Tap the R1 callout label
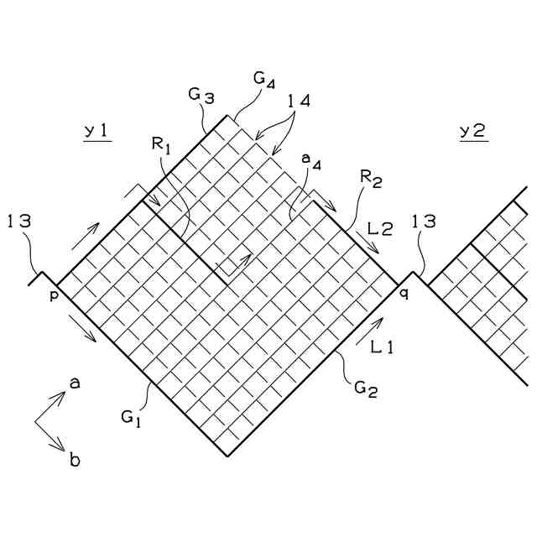[161, 145]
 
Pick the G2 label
[364, 388]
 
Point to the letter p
[52, 295]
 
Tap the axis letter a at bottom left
[74, 383]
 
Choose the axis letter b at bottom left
[75, 459]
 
